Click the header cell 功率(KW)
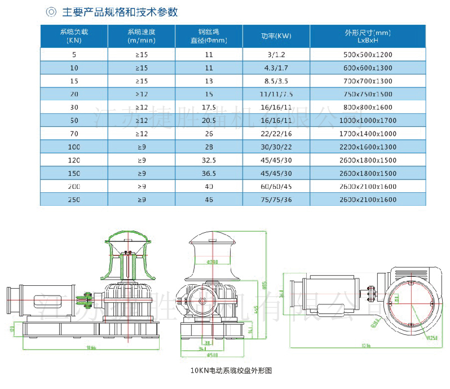(x=276, y=36)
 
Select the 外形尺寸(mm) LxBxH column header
(x=367, y=36)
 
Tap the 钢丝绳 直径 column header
(x=209, y=36)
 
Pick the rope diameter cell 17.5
(x=209, y=107)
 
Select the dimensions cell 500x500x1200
(x=367, y=55)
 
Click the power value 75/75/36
(x=276, y=200)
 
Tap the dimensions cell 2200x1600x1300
(x=367, y=147)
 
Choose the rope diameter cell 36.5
(x=209, y=173)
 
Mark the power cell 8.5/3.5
(x=276, y=81)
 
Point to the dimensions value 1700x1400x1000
(x=367, y=134)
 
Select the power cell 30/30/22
(x=276, y=147)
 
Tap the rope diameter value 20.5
(x=209, y=121)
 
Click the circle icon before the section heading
(x=51, y=12)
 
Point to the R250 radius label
(x=433, y=338)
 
